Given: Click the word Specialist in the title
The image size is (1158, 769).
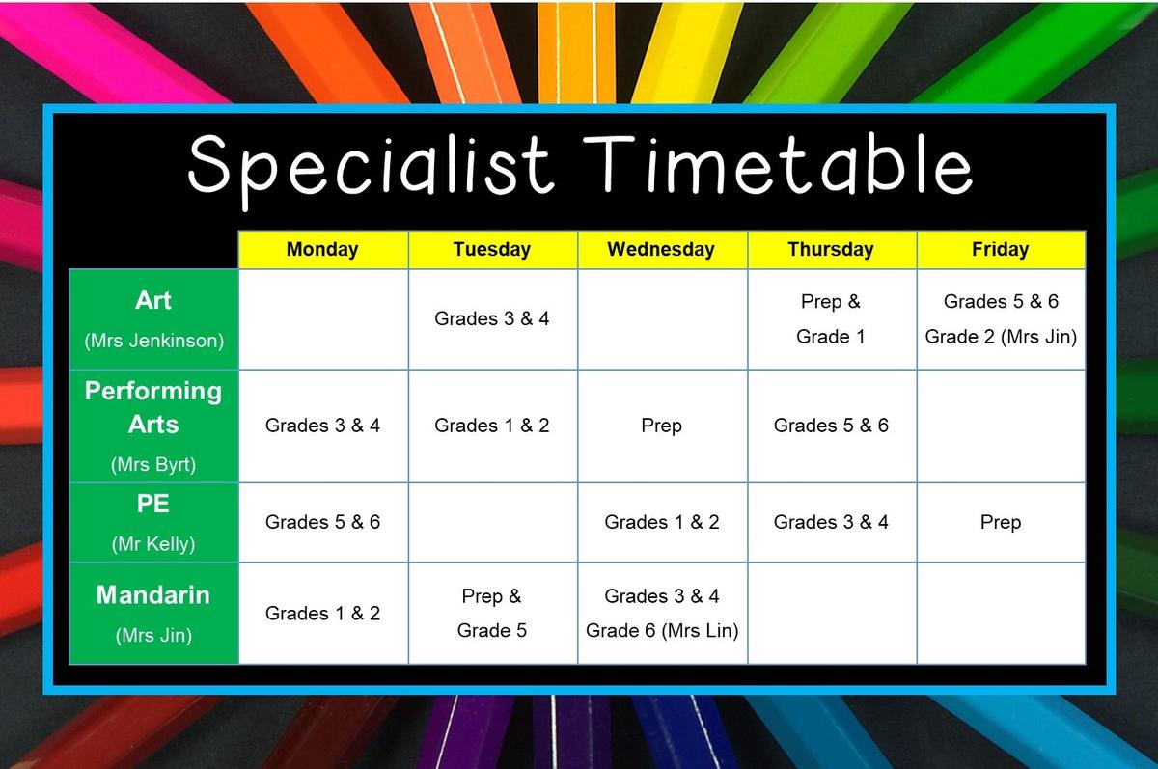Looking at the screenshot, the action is tap(372, 168).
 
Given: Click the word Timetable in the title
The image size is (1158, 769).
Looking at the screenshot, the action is tap(778, 164).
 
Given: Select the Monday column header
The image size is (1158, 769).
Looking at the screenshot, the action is tap(322, 250).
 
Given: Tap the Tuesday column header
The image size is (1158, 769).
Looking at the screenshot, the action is tap(492, 250).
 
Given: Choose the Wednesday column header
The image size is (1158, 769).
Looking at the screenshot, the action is tap(662, 250).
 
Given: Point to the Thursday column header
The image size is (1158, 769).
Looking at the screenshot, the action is tap(831, 250).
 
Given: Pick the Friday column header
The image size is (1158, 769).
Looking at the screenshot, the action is tap(1001, 250).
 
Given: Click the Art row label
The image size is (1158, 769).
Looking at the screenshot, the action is tap(153, 300).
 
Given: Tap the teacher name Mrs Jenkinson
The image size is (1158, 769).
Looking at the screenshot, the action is tap(154, 341).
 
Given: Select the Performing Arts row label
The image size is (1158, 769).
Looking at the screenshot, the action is tap(153, 407).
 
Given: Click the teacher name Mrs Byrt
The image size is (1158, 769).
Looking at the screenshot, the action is tap(153, 465).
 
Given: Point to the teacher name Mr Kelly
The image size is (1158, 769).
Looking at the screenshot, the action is tap(153, 544).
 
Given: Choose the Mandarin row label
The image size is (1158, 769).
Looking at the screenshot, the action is tap(153, 594).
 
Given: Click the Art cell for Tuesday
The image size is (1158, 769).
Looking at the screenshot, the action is tap(492, 318).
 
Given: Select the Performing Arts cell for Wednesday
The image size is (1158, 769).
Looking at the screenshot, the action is tap(662, 426).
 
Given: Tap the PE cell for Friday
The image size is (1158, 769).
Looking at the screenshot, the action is tap(1001, 523).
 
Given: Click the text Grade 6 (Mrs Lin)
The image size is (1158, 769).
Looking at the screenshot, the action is tap(662, 630).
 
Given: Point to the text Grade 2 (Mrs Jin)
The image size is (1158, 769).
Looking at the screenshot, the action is tap(1001, 337).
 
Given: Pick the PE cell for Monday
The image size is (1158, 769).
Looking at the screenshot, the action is tap(322, 523).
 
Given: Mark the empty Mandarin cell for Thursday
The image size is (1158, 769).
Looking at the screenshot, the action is tap(831, 614).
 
